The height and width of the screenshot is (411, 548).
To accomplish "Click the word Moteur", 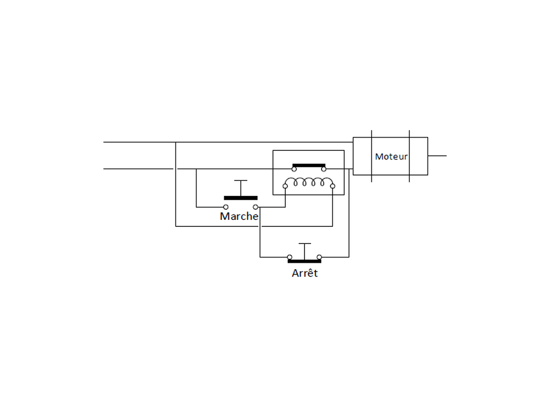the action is click(391, 157).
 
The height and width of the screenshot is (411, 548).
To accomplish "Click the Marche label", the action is click(239, 216).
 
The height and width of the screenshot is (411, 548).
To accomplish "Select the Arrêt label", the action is click(305, 273).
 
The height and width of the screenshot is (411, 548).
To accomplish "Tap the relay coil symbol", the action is click(309, 182).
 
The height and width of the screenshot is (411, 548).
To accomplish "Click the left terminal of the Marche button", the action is click(226, 207).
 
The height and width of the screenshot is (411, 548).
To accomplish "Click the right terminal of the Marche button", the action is click(255, 207).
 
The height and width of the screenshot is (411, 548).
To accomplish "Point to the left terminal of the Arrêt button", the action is click(290, 257).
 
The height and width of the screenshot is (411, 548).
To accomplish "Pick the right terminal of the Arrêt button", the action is click(319, 257).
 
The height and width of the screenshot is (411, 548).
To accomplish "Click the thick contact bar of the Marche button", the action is click(241, 198).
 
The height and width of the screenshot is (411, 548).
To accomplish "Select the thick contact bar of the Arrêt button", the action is click(305, 261).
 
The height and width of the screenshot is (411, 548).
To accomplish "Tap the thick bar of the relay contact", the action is click(309, 165).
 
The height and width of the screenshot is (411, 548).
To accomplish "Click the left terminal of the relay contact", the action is click(294, 169).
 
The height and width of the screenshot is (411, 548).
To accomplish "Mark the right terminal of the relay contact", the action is click(324, 169).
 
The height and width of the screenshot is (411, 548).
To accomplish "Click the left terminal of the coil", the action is click(285, 186).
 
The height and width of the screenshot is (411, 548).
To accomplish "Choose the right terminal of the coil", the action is click(332, 186).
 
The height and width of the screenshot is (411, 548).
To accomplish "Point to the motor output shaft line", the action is click(437, 156).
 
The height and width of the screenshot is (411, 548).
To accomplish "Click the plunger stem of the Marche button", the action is click(241, 188).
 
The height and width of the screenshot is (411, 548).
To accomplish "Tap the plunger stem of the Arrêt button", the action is click(305, 252).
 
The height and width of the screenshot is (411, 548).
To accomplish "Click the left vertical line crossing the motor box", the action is click(371, 156).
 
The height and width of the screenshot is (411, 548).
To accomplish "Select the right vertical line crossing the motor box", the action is click(409, 156).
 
